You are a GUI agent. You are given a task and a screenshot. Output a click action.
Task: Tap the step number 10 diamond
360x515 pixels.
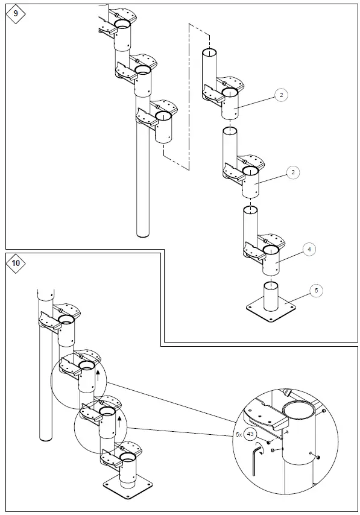click(x=16, y=263)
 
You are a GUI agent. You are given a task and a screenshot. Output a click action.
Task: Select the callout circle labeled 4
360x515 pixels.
click(x=308, y=248)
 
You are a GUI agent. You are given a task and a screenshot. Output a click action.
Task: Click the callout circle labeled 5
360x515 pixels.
click(x=317, y=290)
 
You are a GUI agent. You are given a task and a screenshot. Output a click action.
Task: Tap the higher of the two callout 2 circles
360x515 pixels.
click(x=282, y=95)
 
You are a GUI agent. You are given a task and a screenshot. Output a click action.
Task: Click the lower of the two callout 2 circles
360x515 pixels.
click(x=292, y=173)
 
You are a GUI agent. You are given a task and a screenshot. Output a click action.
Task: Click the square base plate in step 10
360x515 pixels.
click(x=127, y=487)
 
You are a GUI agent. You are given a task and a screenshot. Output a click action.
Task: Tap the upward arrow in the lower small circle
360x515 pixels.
click(x=119, y=420)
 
